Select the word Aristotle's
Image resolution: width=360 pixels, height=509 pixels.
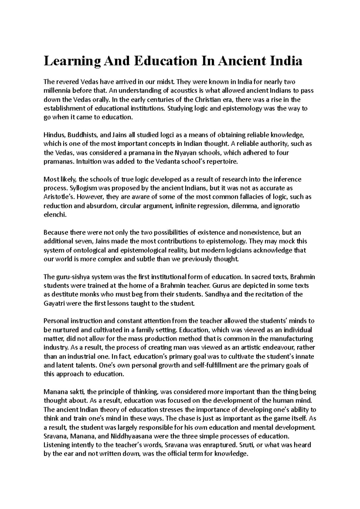point(59,197)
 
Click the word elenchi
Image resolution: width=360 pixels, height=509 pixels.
point(54,215)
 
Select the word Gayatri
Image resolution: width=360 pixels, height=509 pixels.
point(54,303)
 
